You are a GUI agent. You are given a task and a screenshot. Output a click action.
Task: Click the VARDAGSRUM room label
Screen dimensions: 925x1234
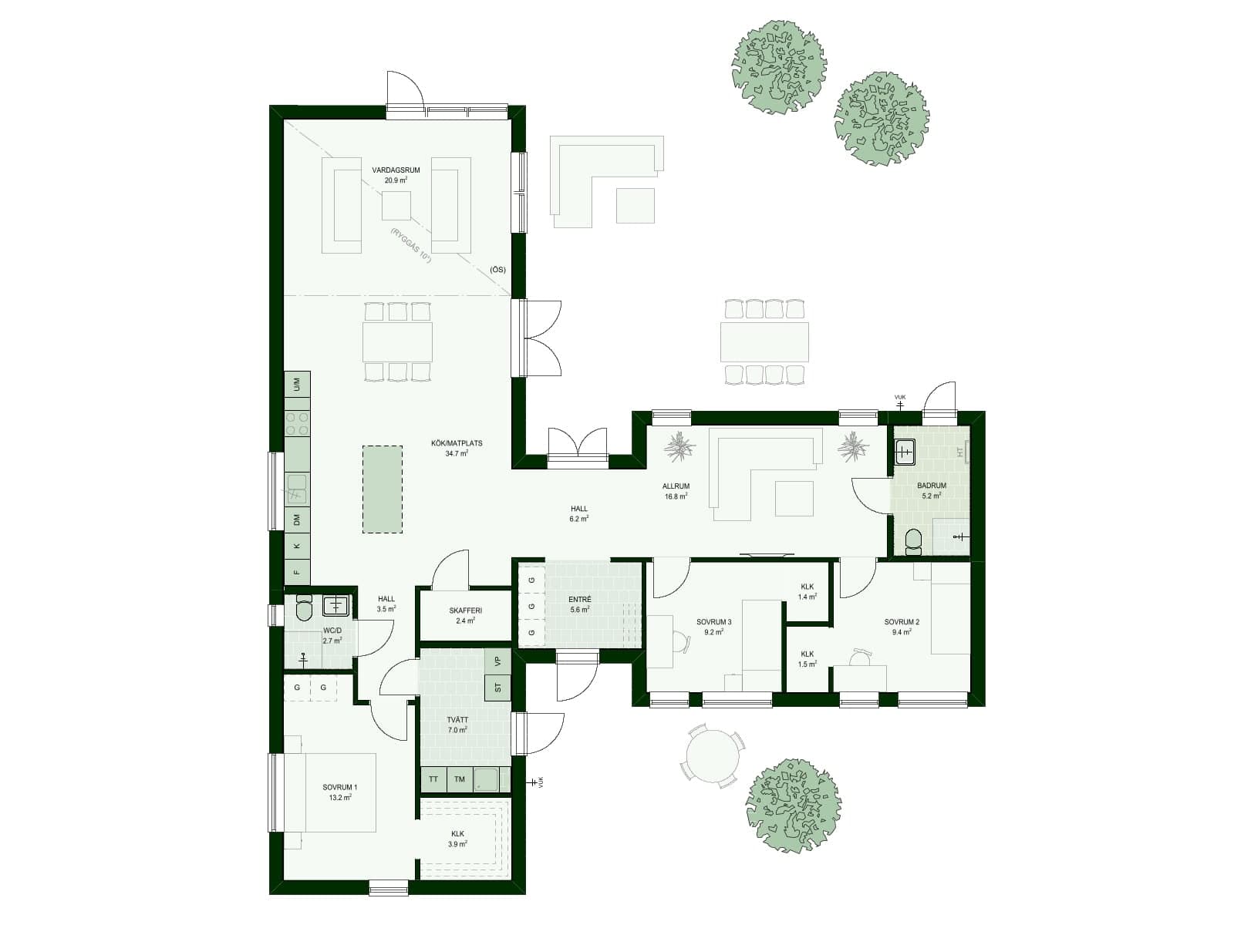[396, 170]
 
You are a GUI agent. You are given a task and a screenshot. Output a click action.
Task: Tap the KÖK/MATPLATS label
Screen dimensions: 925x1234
[457, 444]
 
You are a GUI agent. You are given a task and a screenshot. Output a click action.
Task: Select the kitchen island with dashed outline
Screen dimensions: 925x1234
[383, 489]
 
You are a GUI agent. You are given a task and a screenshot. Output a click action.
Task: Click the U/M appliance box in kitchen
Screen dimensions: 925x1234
[297, 383]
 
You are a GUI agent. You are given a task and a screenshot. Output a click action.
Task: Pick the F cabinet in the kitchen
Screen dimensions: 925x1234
[297, 572]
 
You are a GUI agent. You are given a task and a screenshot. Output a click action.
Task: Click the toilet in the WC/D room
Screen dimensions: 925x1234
[304, 609]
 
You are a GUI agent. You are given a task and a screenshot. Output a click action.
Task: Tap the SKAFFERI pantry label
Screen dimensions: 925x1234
[465, 611]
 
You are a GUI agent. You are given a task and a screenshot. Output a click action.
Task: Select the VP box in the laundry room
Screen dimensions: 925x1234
[497, 661]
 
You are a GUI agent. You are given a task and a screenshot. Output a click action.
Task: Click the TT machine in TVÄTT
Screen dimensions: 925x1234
[433, 779]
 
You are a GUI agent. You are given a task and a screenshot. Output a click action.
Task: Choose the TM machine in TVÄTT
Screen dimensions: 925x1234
[460, 779]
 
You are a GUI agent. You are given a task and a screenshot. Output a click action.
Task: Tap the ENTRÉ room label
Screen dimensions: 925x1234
[580, 600]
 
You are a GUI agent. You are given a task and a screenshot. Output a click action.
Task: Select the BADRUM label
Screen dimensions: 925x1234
[932, 486]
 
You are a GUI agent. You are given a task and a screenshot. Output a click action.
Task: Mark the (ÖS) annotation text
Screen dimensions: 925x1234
[497, 270]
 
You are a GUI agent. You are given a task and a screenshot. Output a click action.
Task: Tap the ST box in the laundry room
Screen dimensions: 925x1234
[497, 687]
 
